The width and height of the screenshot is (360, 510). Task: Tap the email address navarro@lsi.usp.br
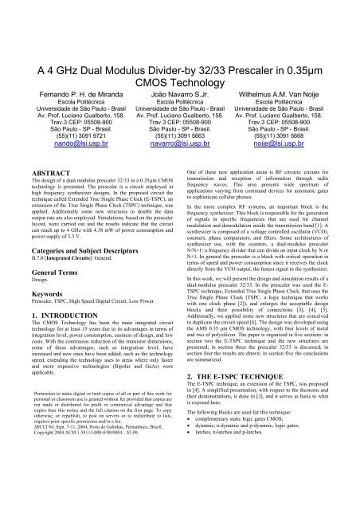179,122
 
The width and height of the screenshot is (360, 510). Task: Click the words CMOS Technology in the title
179,37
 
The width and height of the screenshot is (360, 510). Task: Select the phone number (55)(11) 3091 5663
179,112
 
